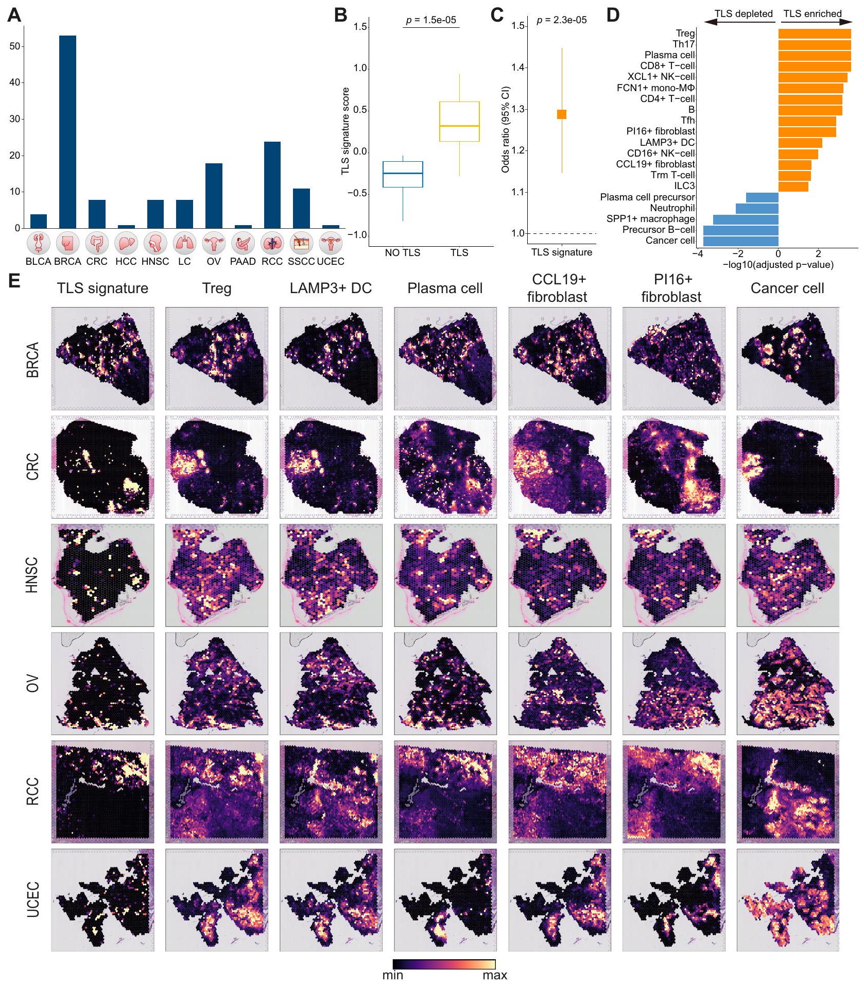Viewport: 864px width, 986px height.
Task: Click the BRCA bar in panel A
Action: (x=67, y=132)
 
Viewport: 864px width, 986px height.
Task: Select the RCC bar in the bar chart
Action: (x=272, y=185)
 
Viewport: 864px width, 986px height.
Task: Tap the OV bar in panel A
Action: (x=214, y=196)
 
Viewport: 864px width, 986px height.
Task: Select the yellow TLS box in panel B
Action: (x=459, y=122)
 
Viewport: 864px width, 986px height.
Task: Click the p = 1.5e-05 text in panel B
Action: (x=431, y=20)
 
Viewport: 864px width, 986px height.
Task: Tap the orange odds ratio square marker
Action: (x=562, y=114)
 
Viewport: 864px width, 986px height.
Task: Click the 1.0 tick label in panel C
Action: (x=517, y=233)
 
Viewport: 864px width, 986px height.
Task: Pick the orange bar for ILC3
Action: (x=793, y=186)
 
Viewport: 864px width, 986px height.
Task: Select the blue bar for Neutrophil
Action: (x=757, y=208)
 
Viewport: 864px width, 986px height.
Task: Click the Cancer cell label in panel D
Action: (x=670, y=241)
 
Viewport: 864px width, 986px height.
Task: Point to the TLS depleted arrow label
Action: (x=744, y=14)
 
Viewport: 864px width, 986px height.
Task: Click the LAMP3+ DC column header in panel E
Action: (x=331, y=288)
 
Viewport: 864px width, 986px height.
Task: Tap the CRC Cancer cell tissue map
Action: (x=788, y=467)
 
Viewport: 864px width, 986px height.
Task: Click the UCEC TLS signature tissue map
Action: (x=103, y=899)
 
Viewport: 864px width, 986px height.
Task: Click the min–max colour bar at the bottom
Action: (x=444, y=964)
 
